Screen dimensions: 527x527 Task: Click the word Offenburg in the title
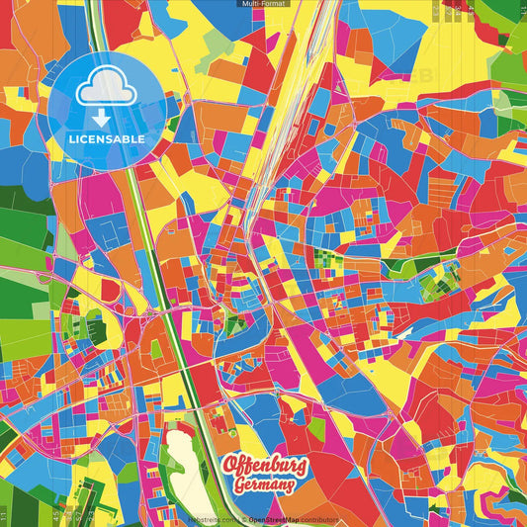coord(264,464)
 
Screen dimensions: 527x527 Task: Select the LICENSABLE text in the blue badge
coord(106,139)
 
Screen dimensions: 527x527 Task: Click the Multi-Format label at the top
coord(263,5)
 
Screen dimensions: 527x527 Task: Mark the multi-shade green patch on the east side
coord(435,287)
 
